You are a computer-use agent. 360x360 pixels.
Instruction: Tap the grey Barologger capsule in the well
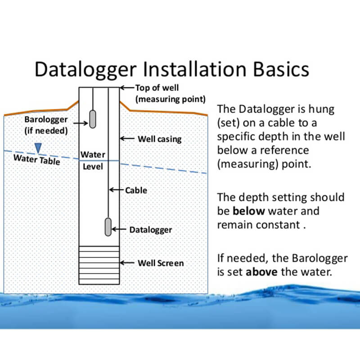(93, 119)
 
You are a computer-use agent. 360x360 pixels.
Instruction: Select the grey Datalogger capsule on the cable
(108, 226)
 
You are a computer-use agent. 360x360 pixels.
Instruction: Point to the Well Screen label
(161, 263)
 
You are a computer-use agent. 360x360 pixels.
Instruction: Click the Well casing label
(159, 139)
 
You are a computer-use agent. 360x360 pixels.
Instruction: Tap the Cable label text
(136, 190)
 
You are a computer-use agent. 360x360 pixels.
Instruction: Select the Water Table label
(36, 159)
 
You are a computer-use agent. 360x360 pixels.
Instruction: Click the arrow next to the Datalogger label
(119, 229)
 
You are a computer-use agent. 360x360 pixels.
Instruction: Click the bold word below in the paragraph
(246, 211)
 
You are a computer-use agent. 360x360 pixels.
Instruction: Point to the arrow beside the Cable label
(117, 190)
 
